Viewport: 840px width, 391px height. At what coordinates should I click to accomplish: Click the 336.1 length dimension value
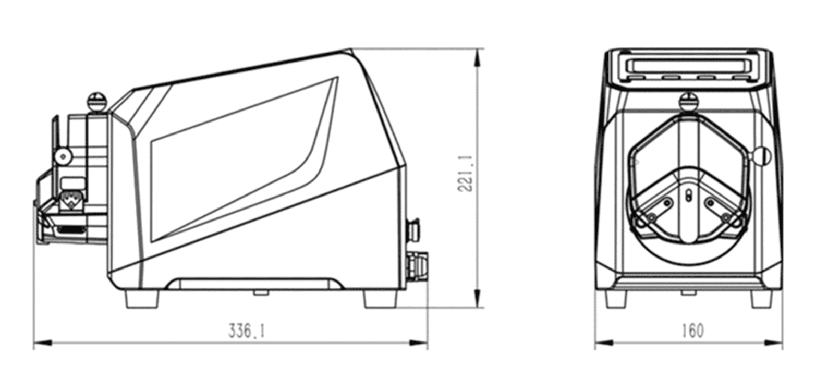[x=247, y=332]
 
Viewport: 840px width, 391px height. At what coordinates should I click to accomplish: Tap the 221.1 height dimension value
[x=466, y=174]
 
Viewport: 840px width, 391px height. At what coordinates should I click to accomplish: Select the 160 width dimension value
[x=692, y=331]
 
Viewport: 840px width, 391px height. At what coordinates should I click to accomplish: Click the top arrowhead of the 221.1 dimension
[x=478, y=58]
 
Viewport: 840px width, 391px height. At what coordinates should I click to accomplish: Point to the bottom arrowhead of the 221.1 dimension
[x=478, y=298]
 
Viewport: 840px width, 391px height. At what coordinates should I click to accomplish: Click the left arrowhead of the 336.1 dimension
[x=43, y=343]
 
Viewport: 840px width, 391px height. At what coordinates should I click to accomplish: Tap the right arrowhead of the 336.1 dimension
[x=418, y=343]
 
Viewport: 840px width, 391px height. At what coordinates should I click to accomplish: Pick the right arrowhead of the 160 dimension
[x=773, y=343]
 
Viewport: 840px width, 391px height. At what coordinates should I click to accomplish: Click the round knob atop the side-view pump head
[x=96, y=102]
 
